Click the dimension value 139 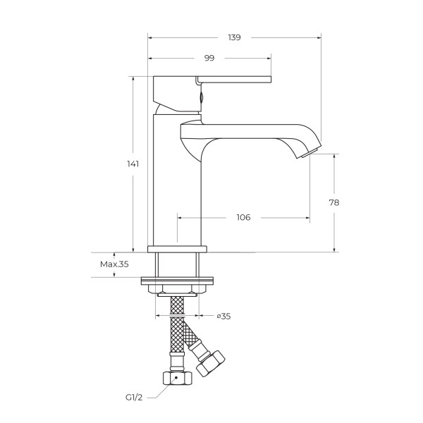pos(234,37)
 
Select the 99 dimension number pos(209,58)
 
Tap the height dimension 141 pos(133,164)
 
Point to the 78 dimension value pos(334,202)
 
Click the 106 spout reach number pos(244,217)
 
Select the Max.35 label pos(114,264)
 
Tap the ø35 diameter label pos(224,316)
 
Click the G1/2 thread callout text pos(134,398)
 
